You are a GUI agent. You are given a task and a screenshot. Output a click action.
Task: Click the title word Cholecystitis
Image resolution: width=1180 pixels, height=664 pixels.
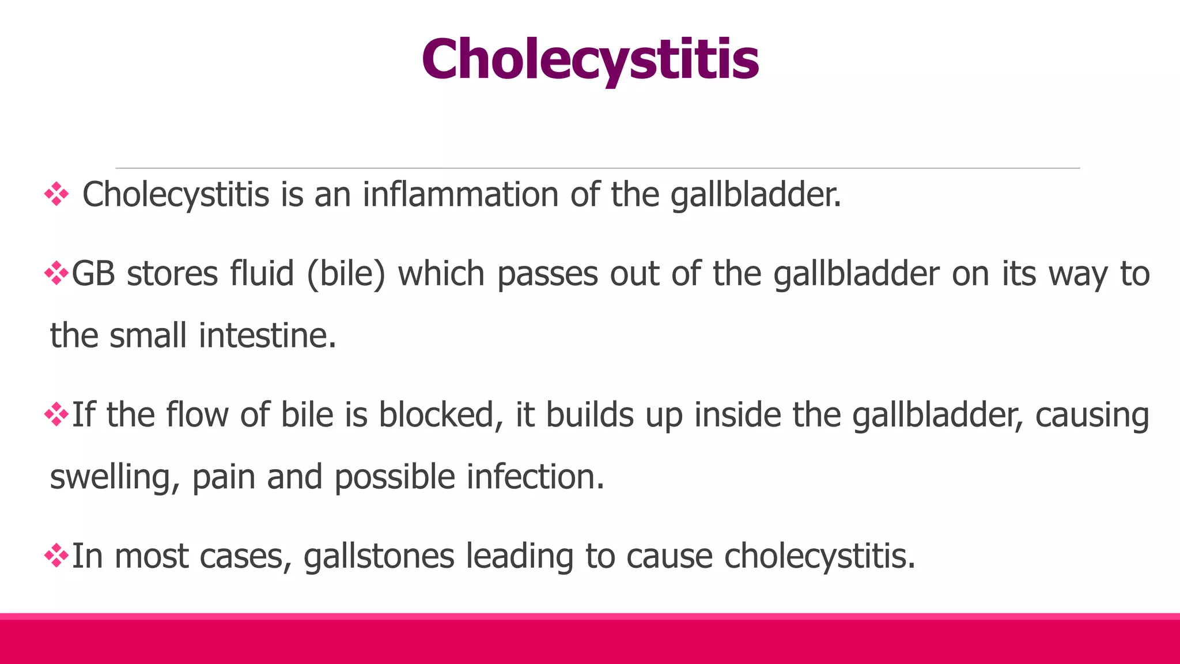[x=590, y=60]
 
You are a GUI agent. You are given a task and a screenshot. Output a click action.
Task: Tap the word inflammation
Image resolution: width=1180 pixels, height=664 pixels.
[x=460, y=195]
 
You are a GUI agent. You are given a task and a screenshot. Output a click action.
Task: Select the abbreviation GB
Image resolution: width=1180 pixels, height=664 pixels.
[x=93, y=274]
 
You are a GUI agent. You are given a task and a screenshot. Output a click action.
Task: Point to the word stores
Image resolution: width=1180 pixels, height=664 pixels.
[x=172, y=274]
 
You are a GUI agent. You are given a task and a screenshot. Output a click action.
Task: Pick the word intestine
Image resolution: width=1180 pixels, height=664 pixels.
[x=267, y=336]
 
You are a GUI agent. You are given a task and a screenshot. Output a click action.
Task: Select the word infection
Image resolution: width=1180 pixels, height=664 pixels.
[x=535, y=478]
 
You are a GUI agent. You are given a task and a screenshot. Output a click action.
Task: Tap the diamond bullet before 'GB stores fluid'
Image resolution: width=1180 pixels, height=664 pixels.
[x=56, y=273]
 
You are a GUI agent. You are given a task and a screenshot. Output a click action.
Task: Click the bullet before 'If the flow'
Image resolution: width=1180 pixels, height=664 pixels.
[x=56, y=414]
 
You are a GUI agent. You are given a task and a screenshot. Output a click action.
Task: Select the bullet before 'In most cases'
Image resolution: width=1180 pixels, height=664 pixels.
[x=56, y=556]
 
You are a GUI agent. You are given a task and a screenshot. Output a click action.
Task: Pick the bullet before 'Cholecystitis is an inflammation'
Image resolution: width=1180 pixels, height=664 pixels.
[x=56, y=194]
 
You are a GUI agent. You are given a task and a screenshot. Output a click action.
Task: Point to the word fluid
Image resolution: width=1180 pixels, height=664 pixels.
[x=262, y=274]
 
